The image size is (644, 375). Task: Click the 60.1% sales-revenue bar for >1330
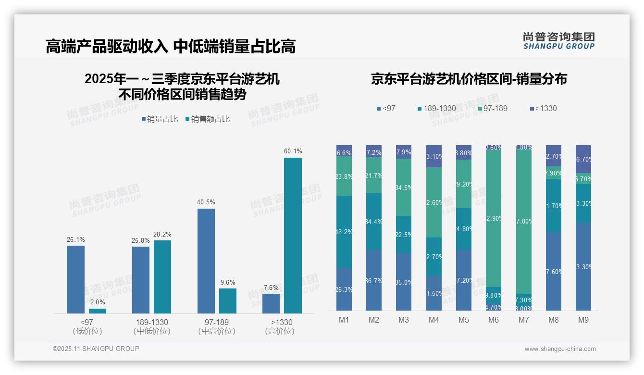point(293,236)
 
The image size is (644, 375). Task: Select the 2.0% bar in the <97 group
point(98,311)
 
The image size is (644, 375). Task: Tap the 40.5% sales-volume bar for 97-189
point(206,261)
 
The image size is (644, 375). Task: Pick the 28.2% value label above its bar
point(162,235)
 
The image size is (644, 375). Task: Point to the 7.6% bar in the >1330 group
point(271,303)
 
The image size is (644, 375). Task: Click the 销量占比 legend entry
point(160,119)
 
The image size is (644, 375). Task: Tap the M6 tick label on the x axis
point(494,320)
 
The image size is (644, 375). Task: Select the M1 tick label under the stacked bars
point(344,320)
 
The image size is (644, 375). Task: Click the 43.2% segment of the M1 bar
point(344,231)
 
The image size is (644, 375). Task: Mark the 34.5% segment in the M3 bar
point(404,187)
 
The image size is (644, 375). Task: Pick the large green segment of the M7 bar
point(523,222)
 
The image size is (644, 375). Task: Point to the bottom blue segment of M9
point(583,266)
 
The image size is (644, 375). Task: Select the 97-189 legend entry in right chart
point(492,109)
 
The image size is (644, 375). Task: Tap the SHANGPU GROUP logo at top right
point(558,41)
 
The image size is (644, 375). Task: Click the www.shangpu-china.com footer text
point(560,349)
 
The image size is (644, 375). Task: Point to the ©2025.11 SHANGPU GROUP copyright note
point(96,349)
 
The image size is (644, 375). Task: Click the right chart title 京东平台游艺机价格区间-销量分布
point(469,79)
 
